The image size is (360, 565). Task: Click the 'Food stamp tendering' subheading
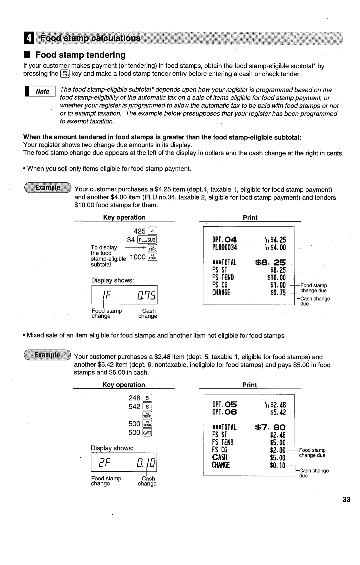coord(80,55)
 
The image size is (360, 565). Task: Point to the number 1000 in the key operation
coord(137,257)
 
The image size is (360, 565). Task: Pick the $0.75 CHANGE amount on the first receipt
coord(278,293)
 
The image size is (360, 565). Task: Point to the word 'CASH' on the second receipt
coord(220,457)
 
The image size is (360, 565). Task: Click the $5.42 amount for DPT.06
coord(278,413)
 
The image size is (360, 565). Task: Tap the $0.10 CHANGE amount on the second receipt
coord(278,465)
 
